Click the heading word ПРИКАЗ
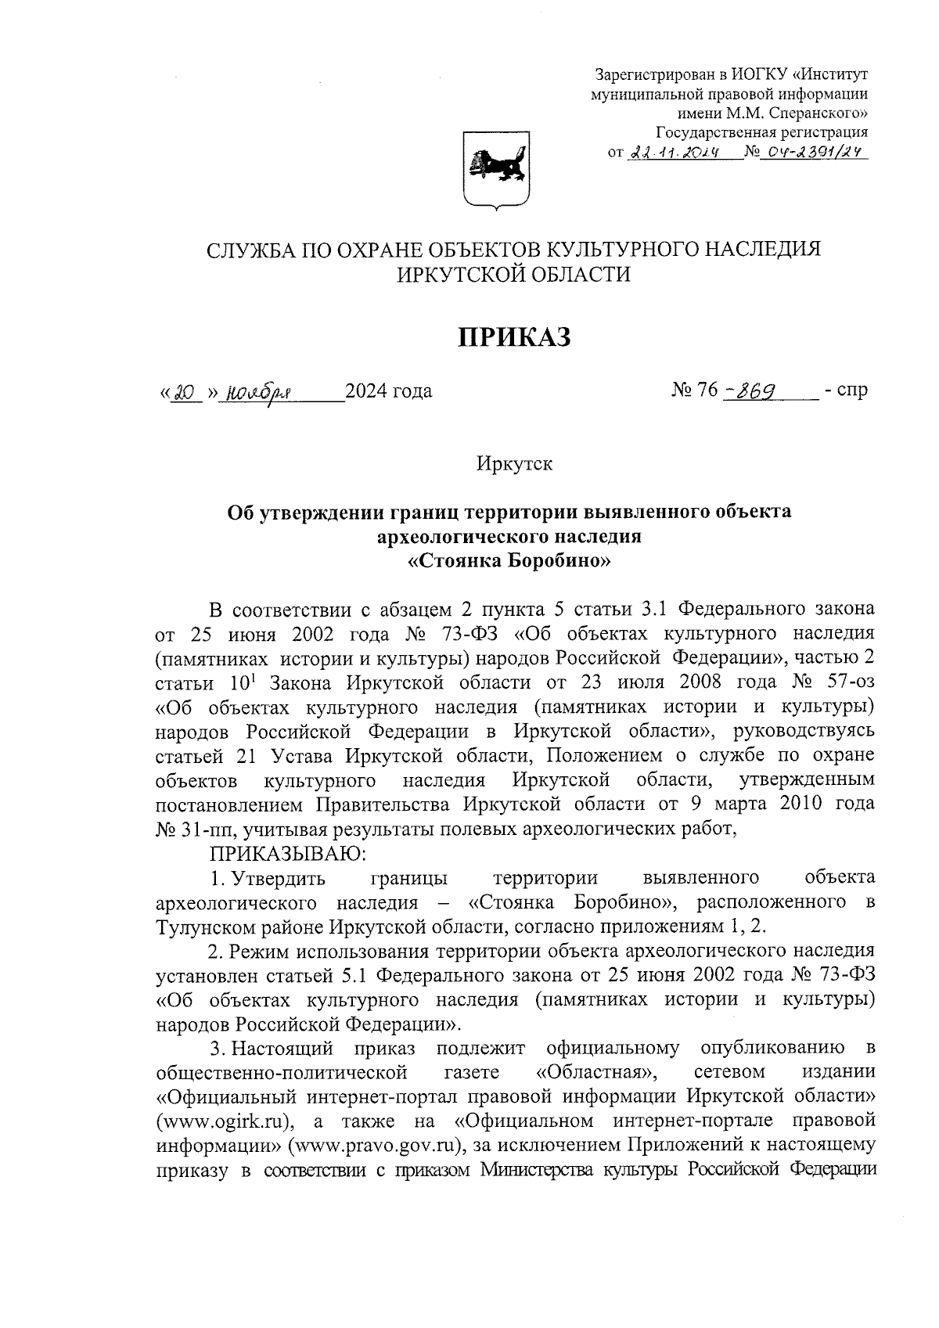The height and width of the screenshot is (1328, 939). point(514,336)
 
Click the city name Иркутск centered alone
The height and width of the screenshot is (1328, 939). point(514,463)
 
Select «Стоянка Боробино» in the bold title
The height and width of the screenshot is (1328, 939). point(509,561)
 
